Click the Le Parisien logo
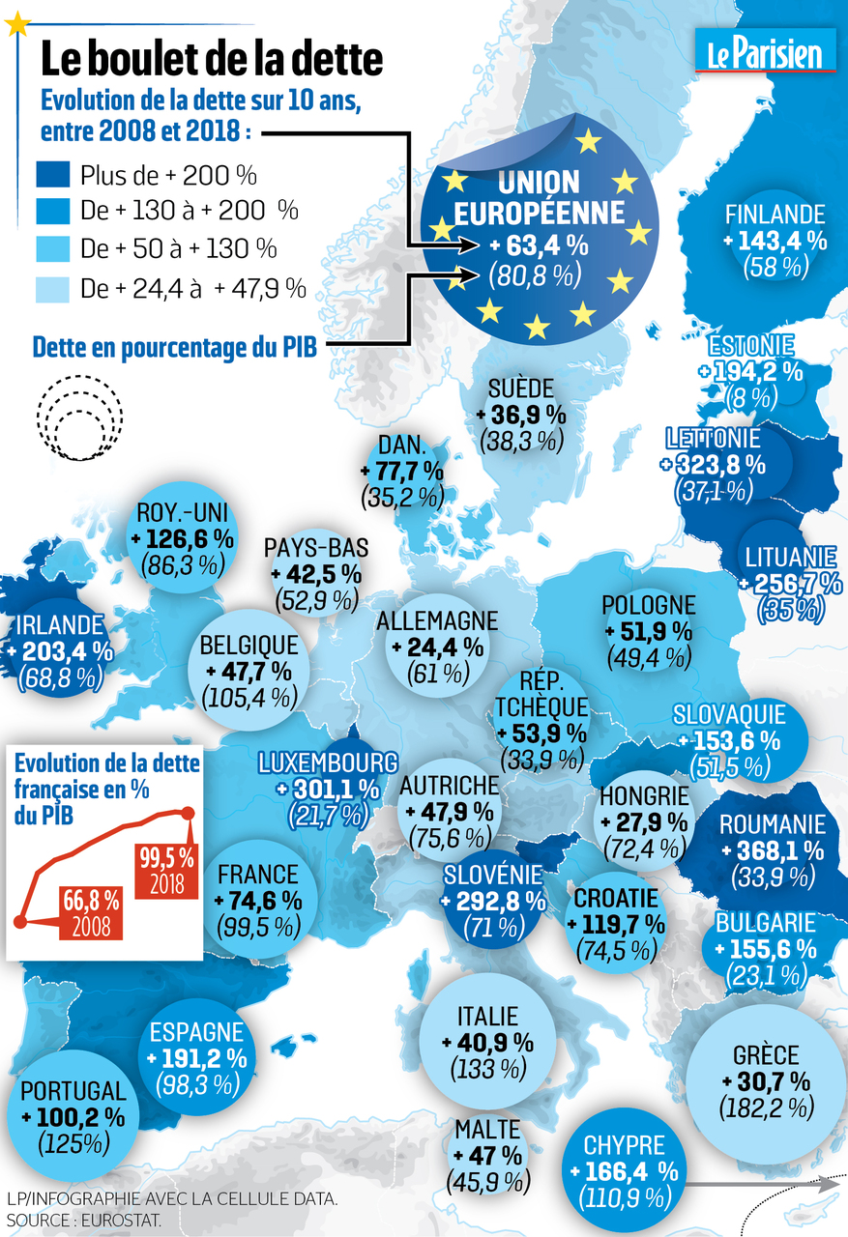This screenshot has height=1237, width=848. [x=766, y=50]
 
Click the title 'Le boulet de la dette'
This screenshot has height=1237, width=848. [x=211, y=59]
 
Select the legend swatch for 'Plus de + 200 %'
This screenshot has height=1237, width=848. [x=53, y=175]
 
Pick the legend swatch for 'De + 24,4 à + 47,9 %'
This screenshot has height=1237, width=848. [x=53, y=287]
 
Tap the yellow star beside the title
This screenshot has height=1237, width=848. [x=16, y=25]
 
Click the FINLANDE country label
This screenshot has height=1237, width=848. [x=775, y=214]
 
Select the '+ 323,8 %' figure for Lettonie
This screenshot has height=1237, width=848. [x=716, y=464]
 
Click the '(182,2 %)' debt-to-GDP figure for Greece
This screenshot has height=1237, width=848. [x=766, y=1108]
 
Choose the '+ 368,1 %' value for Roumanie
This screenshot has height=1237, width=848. [x=773, y=851]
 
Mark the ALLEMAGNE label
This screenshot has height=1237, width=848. [x=437, y=619]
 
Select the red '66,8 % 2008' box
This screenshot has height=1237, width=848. [x=92, y=912]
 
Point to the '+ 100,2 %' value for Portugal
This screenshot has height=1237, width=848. [x=73, y=1118]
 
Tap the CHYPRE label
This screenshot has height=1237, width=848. [x=624, y=1146]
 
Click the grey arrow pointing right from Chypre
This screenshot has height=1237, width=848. [x=764, y=1183]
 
